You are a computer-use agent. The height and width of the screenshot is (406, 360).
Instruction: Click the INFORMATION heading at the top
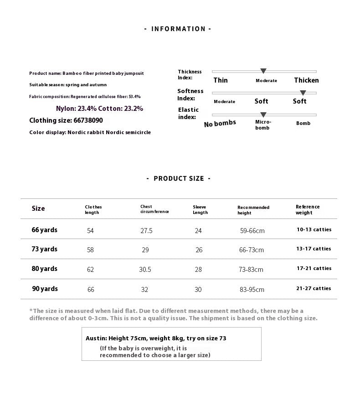click(178, 29)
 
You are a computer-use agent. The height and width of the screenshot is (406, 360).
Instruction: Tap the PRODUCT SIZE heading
click(179, 178)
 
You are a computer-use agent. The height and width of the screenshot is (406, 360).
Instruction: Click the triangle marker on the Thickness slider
click(263, 71)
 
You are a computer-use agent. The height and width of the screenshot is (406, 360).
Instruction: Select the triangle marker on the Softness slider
click(303, 93)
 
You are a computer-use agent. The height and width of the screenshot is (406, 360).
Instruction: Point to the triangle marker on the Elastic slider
click(263, 115)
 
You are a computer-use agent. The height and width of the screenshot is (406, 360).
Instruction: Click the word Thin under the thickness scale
click(221, 80)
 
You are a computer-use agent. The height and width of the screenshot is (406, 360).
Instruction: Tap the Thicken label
click(306, 80)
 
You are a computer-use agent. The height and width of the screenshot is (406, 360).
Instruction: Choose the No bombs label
click(220, 124)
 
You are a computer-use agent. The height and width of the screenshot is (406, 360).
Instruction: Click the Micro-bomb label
click(263, 125)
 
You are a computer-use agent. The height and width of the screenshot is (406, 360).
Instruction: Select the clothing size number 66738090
click(87, 120)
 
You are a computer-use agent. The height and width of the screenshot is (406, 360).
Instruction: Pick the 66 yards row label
click(45, 230)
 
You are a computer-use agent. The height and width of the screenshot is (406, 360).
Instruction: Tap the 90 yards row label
click(45, 289)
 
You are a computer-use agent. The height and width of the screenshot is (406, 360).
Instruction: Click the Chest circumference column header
click(154, 209)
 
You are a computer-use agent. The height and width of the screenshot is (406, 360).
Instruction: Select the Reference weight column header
click(308, 209)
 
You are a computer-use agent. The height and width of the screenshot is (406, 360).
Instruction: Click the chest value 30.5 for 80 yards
click(145, 270)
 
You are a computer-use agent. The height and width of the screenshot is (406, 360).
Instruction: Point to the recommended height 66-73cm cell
click(252, 250)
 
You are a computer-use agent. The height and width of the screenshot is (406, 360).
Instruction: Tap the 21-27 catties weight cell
click(314, 288)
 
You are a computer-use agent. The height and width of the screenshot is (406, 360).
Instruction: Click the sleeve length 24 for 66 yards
click(198, 231)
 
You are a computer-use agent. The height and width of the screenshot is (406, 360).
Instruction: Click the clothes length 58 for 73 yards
click(90, 250)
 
